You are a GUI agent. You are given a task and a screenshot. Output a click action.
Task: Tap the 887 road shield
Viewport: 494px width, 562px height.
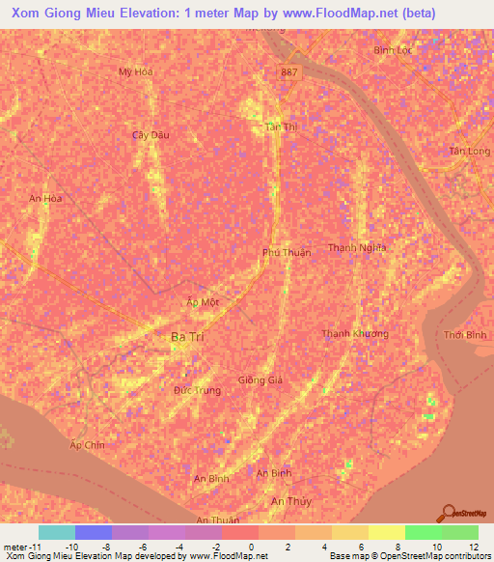point(291,72)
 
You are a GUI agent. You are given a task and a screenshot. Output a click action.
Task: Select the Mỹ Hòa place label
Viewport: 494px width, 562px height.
point(136,71)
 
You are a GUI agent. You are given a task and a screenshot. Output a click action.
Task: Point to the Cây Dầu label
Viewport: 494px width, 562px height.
point(151,134)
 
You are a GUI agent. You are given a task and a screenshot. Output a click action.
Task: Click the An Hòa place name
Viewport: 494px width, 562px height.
point(45,199)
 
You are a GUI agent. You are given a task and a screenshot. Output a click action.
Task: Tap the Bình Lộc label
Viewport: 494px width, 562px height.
point(392,49)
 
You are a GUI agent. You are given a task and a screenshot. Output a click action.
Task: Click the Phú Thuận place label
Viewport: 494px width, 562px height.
point(287,252)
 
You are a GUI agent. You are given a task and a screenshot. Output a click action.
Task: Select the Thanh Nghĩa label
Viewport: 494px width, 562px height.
point(357,248)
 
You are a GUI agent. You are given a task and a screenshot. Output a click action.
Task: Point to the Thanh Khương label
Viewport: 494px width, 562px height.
point(355,334)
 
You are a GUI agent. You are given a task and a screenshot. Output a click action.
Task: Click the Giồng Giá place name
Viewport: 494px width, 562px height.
point(261,380)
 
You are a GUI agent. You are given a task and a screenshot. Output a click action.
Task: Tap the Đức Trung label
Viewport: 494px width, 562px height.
point(197,390)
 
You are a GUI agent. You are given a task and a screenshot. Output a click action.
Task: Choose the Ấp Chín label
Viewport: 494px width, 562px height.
point(87,445)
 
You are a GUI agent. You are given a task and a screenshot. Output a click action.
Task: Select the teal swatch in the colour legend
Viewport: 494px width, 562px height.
point(56,532)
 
